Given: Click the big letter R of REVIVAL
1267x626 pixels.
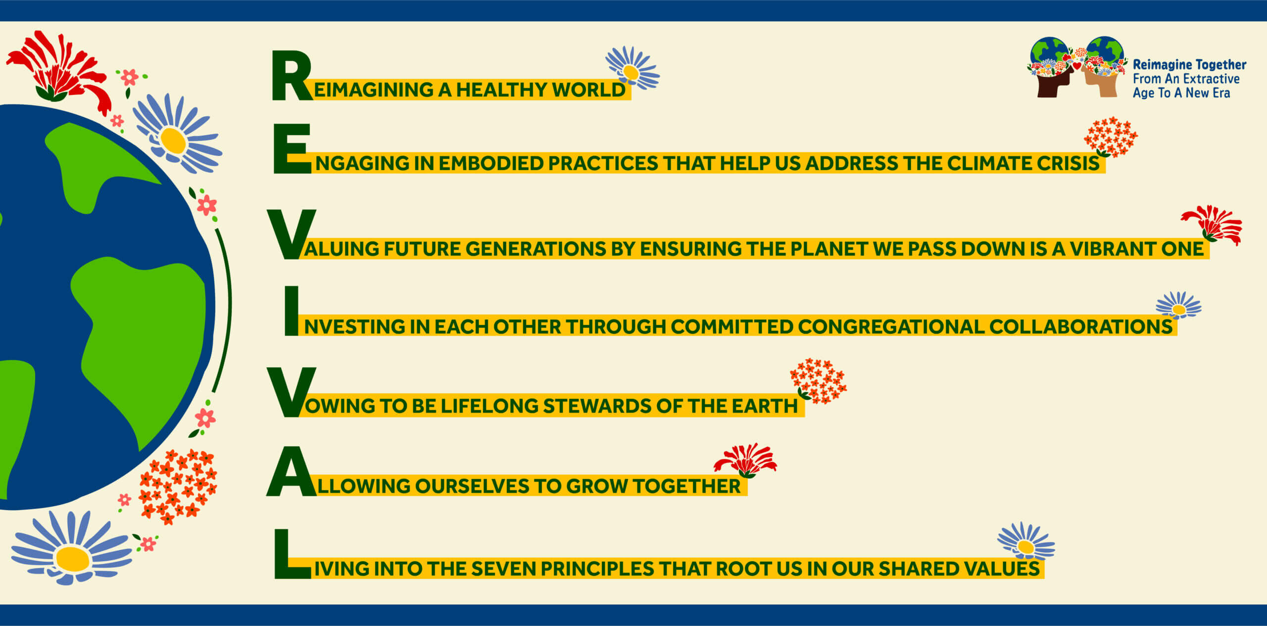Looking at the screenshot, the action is [291, 75].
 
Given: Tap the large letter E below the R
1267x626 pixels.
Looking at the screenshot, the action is [292, 149].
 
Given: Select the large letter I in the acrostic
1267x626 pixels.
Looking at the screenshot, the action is [292, 311].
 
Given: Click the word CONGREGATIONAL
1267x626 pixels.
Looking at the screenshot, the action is [890, 327].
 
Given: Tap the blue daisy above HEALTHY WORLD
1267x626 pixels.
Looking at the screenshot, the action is [632, 69].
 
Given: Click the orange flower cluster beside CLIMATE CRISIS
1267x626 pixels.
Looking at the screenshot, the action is [1110, 137].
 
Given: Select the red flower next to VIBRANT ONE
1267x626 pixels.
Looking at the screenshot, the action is [1213, 224].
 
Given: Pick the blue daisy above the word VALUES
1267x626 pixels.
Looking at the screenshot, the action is [1026, 541].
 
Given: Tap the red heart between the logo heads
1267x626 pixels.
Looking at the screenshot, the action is [1077, 66].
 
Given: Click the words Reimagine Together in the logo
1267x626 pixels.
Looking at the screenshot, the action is [1189, 65].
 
